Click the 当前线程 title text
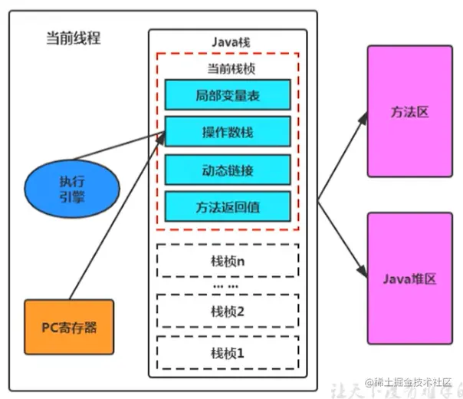click(x=74, y=38)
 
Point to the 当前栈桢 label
click(x=227, y=68)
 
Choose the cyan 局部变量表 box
click(x=227, y=96)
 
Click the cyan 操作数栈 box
click(x=227, y=133)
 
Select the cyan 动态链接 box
click(x=227, y=170)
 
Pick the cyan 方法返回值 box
click(x=227, y=206)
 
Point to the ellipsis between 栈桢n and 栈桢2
click(x=227, y=285)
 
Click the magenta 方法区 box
click(x=409, y=111)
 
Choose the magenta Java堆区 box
click(x=409, y=279)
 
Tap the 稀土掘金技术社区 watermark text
click(x=414, y=382)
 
